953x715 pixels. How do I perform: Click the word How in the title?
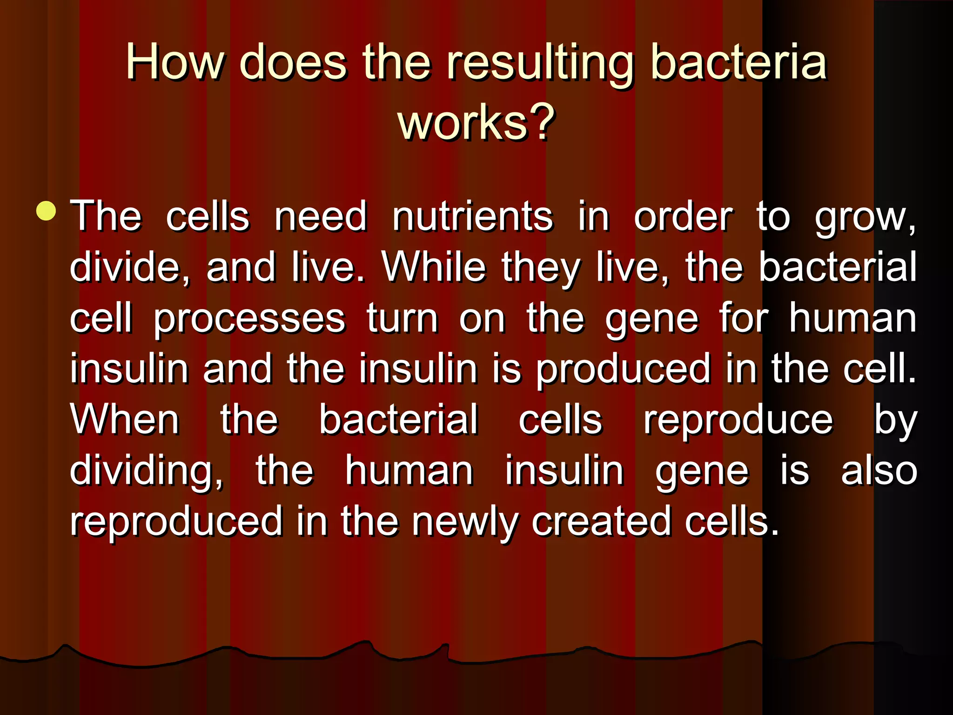(174, 62)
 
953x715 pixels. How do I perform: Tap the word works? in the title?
(476, 122)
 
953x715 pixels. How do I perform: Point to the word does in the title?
(293, 62)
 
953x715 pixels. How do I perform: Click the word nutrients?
(472, 216)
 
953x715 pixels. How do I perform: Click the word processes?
(249, 320)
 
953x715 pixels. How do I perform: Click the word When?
(125, 420)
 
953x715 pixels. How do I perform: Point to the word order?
(683, 217)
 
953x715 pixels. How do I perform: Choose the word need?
(321, 216)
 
